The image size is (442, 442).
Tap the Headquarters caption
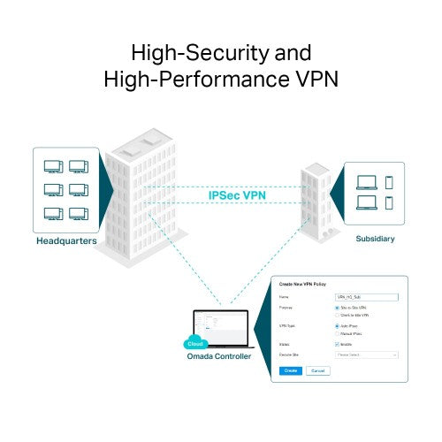click(66, 240)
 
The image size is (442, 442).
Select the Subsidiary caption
click(375, 239)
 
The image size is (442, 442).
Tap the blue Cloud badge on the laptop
click(194, 342)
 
